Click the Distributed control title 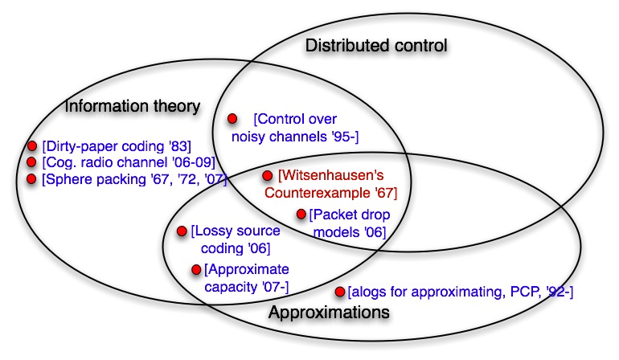pos(375,45)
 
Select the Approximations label pos(329,311)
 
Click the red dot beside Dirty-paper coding pos(32,146)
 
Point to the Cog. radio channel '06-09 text pos(117,162)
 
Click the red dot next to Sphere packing pos(32,178)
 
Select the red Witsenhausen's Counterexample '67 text pos(338,183)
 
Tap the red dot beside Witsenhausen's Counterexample pos(268,174)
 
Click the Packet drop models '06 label pos(348,223)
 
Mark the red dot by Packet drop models pos(301,214)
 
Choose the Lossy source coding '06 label pos(231,239)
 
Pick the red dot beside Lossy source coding pos(182,231)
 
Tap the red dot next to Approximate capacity pos(195,269)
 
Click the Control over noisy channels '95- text pos(295,128)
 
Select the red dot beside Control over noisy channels pos(232,118)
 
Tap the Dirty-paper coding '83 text pos(117,146)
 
